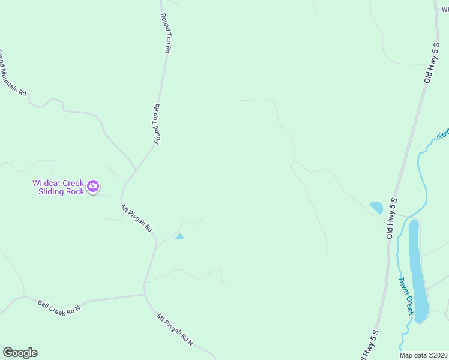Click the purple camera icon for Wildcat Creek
(x=93, y=186)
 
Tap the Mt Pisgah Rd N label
(x=175, y=329)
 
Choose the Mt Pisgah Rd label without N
(x=137, y=218)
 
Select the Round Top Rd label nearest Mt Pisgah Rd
(x=157, y=124)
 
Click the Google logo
(x=20, y=353)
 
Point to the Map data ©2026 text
(x=424, y=355)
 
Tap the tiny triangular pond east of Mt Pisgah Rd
(x=179, y=236)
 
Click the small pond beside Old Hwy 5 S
(x=377, y=208)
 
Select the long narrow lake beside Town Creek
(x=418, y=271)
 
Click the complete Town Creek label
(x=406, y=296)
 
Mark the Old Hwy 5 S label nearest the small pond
(x=392, y=217)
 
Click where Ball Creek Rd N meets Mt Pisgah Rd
(x=145, y=294)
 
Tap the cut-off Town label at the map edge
(x=444, y=134)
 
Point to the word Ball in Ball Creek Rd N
(x=43, y=304)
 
